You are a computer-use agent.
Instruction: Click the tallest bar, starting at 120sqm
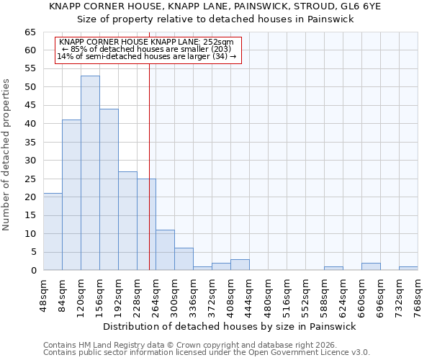(90, 173)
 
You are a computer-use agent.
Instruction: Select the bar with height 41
(71, 194)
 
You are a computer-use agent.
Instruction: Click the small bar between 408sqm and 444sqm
(240, 264)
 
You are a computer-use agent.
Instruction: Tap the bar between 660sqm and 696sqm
(371, 266)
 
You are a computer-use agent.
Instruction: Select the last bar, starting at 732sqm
(408, 269)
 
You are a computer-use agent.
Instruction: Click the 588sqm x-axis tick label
(324, 294)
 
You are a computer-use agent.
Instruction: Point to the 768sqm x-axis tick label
(418, 294)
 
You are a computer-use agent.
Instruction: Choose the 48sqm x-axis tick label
(43, 294)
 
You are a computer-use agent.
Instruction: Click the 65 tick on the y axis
(30, 32)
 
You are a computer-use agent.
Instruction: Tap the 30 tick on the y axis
(30, 161)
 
